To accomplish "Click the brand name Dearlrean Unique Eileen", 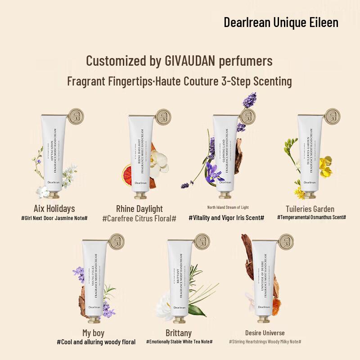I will [281, 22].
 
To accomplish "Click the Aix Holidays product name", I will [54, 208].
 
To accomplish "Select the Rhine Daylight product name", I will [139, 208].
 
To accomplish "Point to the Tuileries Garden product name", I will [310, 208].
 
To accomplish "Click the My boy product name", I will [93, 333].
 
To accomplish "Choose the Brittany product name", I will [179, 333].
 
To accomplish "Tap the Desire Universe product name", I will [265, 333].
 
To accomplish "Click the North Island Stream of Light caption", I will [228, 207].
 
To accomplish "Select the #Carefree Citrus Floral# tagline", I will [139, 218].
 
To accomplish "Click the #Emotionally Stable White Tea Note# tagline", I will [180, 342].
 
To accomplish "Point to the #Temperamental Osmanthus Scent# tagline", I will [311, 217].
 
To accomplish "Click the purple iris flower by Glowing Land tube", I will [214, 171].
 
